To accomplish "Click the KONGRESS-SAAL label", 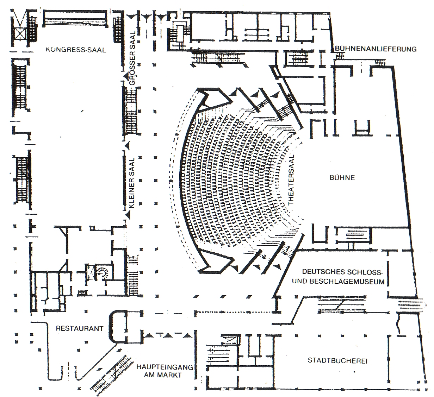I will (76, 50).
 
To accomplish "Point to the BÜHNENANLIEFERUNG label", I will (376, 49).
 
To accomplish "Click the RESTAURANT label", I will (80, 328).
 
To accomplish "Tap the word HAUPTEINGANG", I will (165, 367).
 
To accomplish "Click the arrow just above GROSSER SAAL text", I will (126, 77).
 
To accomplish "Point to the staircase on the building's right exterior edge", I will (410, 304).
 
